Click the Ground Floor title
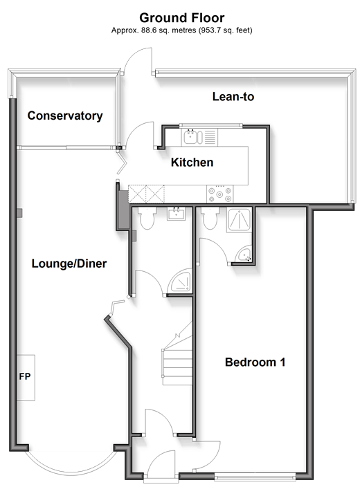pos(182,18)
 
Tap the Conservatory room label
pos(65,116)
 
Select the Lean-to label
pos(233,97)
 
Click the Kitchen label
pos(192,162)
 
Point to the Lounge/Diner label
pos(69,264)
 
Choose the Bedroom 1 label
pos(255,362)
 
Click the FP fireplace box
pos(26,378)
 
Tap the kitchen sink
pos(193,137)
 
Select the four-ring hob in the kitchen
pos(219,194)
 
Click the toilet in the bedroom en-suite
pos(210,218)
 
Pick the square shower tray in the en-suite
pos(239,220)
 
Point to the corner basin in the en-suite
pos(244,255)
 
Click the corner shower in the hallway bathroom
pos(179,280)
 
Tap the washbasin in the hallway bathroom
pos(177,213)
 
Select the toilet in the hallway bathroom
pos(147,218)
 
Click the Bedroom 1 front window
pos(255,476)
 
